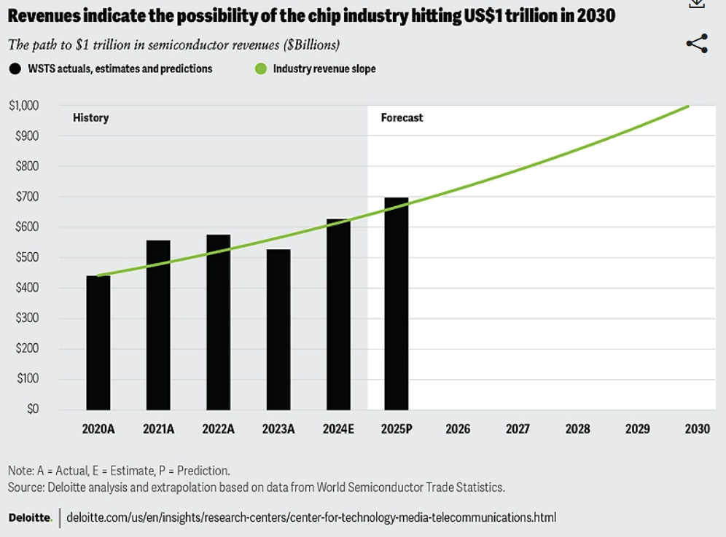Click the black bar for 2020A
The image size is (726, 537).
98,342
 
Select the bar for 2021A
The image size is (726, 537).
158,325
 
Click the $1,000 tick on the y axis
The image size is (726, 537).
24,106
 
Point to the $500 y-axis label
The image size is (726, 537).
28,257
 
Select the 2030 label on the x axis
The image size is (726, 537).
697,429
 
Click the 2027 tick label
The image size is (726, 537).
518,429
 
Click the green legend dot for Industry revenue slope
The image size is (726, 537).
260,68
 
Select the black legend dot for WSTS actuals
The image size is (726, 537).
15,68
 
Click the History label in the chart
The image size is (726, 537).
90,117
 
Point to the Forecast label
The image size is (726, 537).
402,117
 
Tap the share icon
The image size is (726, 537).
697,44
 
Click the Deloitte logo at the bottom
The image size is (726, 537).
29,518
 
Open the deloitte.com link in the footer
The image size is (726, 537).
311,518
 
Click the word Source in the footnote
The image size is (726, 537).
26,487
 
